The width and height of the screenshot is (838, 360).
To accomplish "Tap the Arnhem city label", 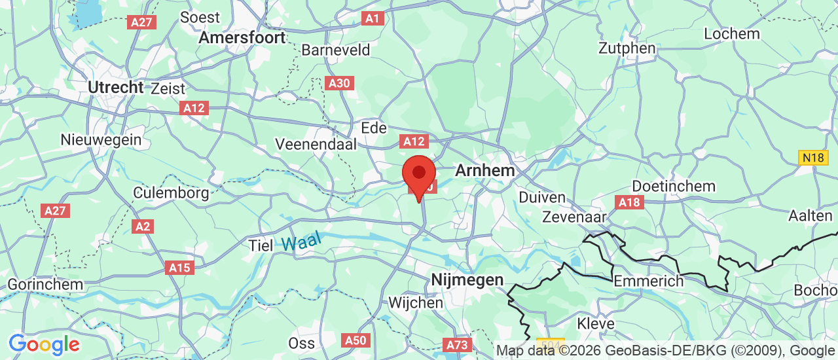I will click(x=484, y=170).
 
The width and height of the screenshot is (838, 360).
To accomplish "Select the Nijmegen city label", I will click(x=467, y=280).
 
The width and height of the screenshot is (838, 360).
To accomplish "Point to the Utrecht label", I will click(x=116, y=87).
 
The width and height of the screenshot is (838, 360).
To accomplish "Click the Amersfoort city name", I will click(x=242, y=37).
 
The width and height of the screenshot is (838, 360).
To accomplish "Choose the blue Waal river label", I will click(x=302, y=242).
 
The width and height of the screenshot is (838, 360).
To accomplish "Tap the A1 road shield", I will click(x=373, y=18).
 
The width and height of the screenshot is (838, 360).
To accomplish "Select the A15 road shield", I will click(x=179, y=267).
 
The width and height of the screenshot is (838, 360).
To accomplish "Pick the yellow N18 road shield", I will click(x=812, y=157).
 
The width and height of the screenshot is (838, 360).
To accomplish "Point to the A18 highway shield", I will click(x=629, y=202).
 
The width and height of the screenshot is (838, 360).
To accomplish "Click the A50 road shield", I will click(x=356, y=340).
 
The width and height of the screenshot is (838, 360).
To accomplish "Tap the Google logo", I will click(x=44, y=344).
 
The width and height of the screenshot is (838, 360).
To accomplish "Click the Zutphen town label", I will click(x=627, y=48).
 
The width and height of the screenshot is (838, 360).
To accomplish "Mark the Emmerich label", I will click(x=648, y=281).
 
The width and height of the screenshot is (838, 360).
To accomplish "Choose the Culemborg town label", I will click(x=171, y=192).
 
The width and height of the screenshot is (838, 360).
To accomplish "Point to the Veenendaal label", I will click(x=316, y=143).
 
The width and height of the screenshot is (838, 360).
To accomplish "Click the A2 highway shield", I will click(x=142, y=226).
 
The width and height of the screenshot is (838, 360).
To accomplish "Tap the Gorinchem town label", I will click(x=45, y=285).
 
